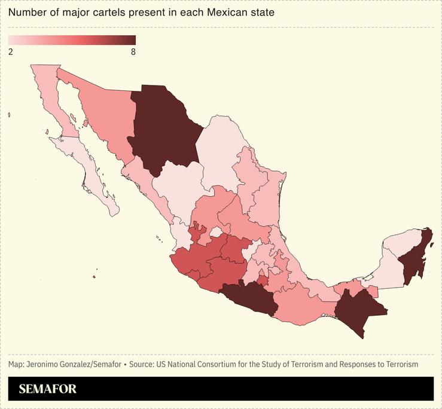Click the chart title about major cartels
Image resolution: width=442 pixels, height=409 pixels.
(141, 13)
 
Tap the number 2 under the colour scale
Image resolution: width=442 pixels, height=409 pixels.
(11, 52)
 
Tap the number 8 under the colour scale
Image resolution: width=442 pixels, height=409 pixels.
(133, 52)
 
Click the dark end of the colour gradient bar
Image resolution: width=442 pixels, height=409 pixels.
(129, 40)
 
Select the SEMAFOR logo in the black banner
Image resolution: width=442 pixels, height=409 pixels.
(48, 389)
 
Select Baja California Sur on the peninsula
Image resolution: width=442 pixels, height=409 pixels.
(90, 173)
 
